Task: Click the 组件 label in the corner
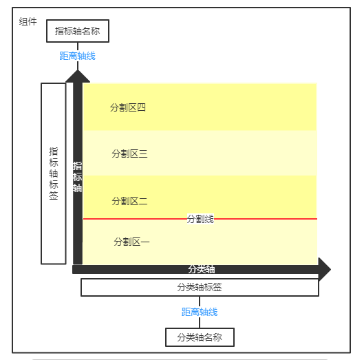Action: pyautogui.click(x=28, y=21)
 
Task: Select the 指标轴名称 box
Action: pyautogui.click(x=78, y=31)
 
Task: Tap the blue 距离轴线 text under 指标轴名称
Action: pyautogui.click(x=78, y=56)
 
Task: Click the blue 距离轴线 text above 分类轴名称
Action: pyautogui.click(x=200, y=312)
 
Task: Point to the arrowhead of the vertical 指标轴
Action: pyautogui.click(x=78, y=70)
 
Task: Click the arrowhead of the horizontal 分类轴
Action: pyautogui.click(x=330, y=269)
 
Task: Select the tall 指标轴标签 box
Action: pyautogui.click(x=54, y=173)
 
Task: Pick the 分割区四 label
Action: pyautogui.click(x=128, y=107)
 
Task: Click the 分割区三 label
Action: pyautogui.click(x=129, y=153)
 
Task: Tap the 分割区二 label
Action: pyautogui.click(x=129, y=201)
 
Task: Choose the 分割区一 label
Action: pyautogui.click(x=131, y=242)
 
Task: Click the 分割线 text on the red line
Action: pyautogui.click(x=200, y=219)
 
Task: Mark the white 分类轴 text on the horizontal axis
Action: pyautogui.click(x=202, y=269)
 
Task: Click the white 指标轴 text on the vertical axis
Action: pyautogui.click(x=78, y=177)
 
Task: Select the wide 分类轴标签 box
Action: pyautogui.click(x=200, y=287)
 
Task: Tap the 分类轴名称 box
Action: pyautogui.click(x=200, y=337)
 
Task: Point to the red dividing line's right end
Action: pyautogui.click(x=317, y=219)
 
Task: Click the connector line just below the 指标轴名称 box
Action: pyautogui.click(x=78, y=47)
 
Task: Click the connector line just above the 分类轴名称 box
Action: pyautogui.click(x=200, y=323)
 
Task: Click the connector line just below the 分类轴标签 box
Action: pyautogui.click(x=200, y=301)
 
